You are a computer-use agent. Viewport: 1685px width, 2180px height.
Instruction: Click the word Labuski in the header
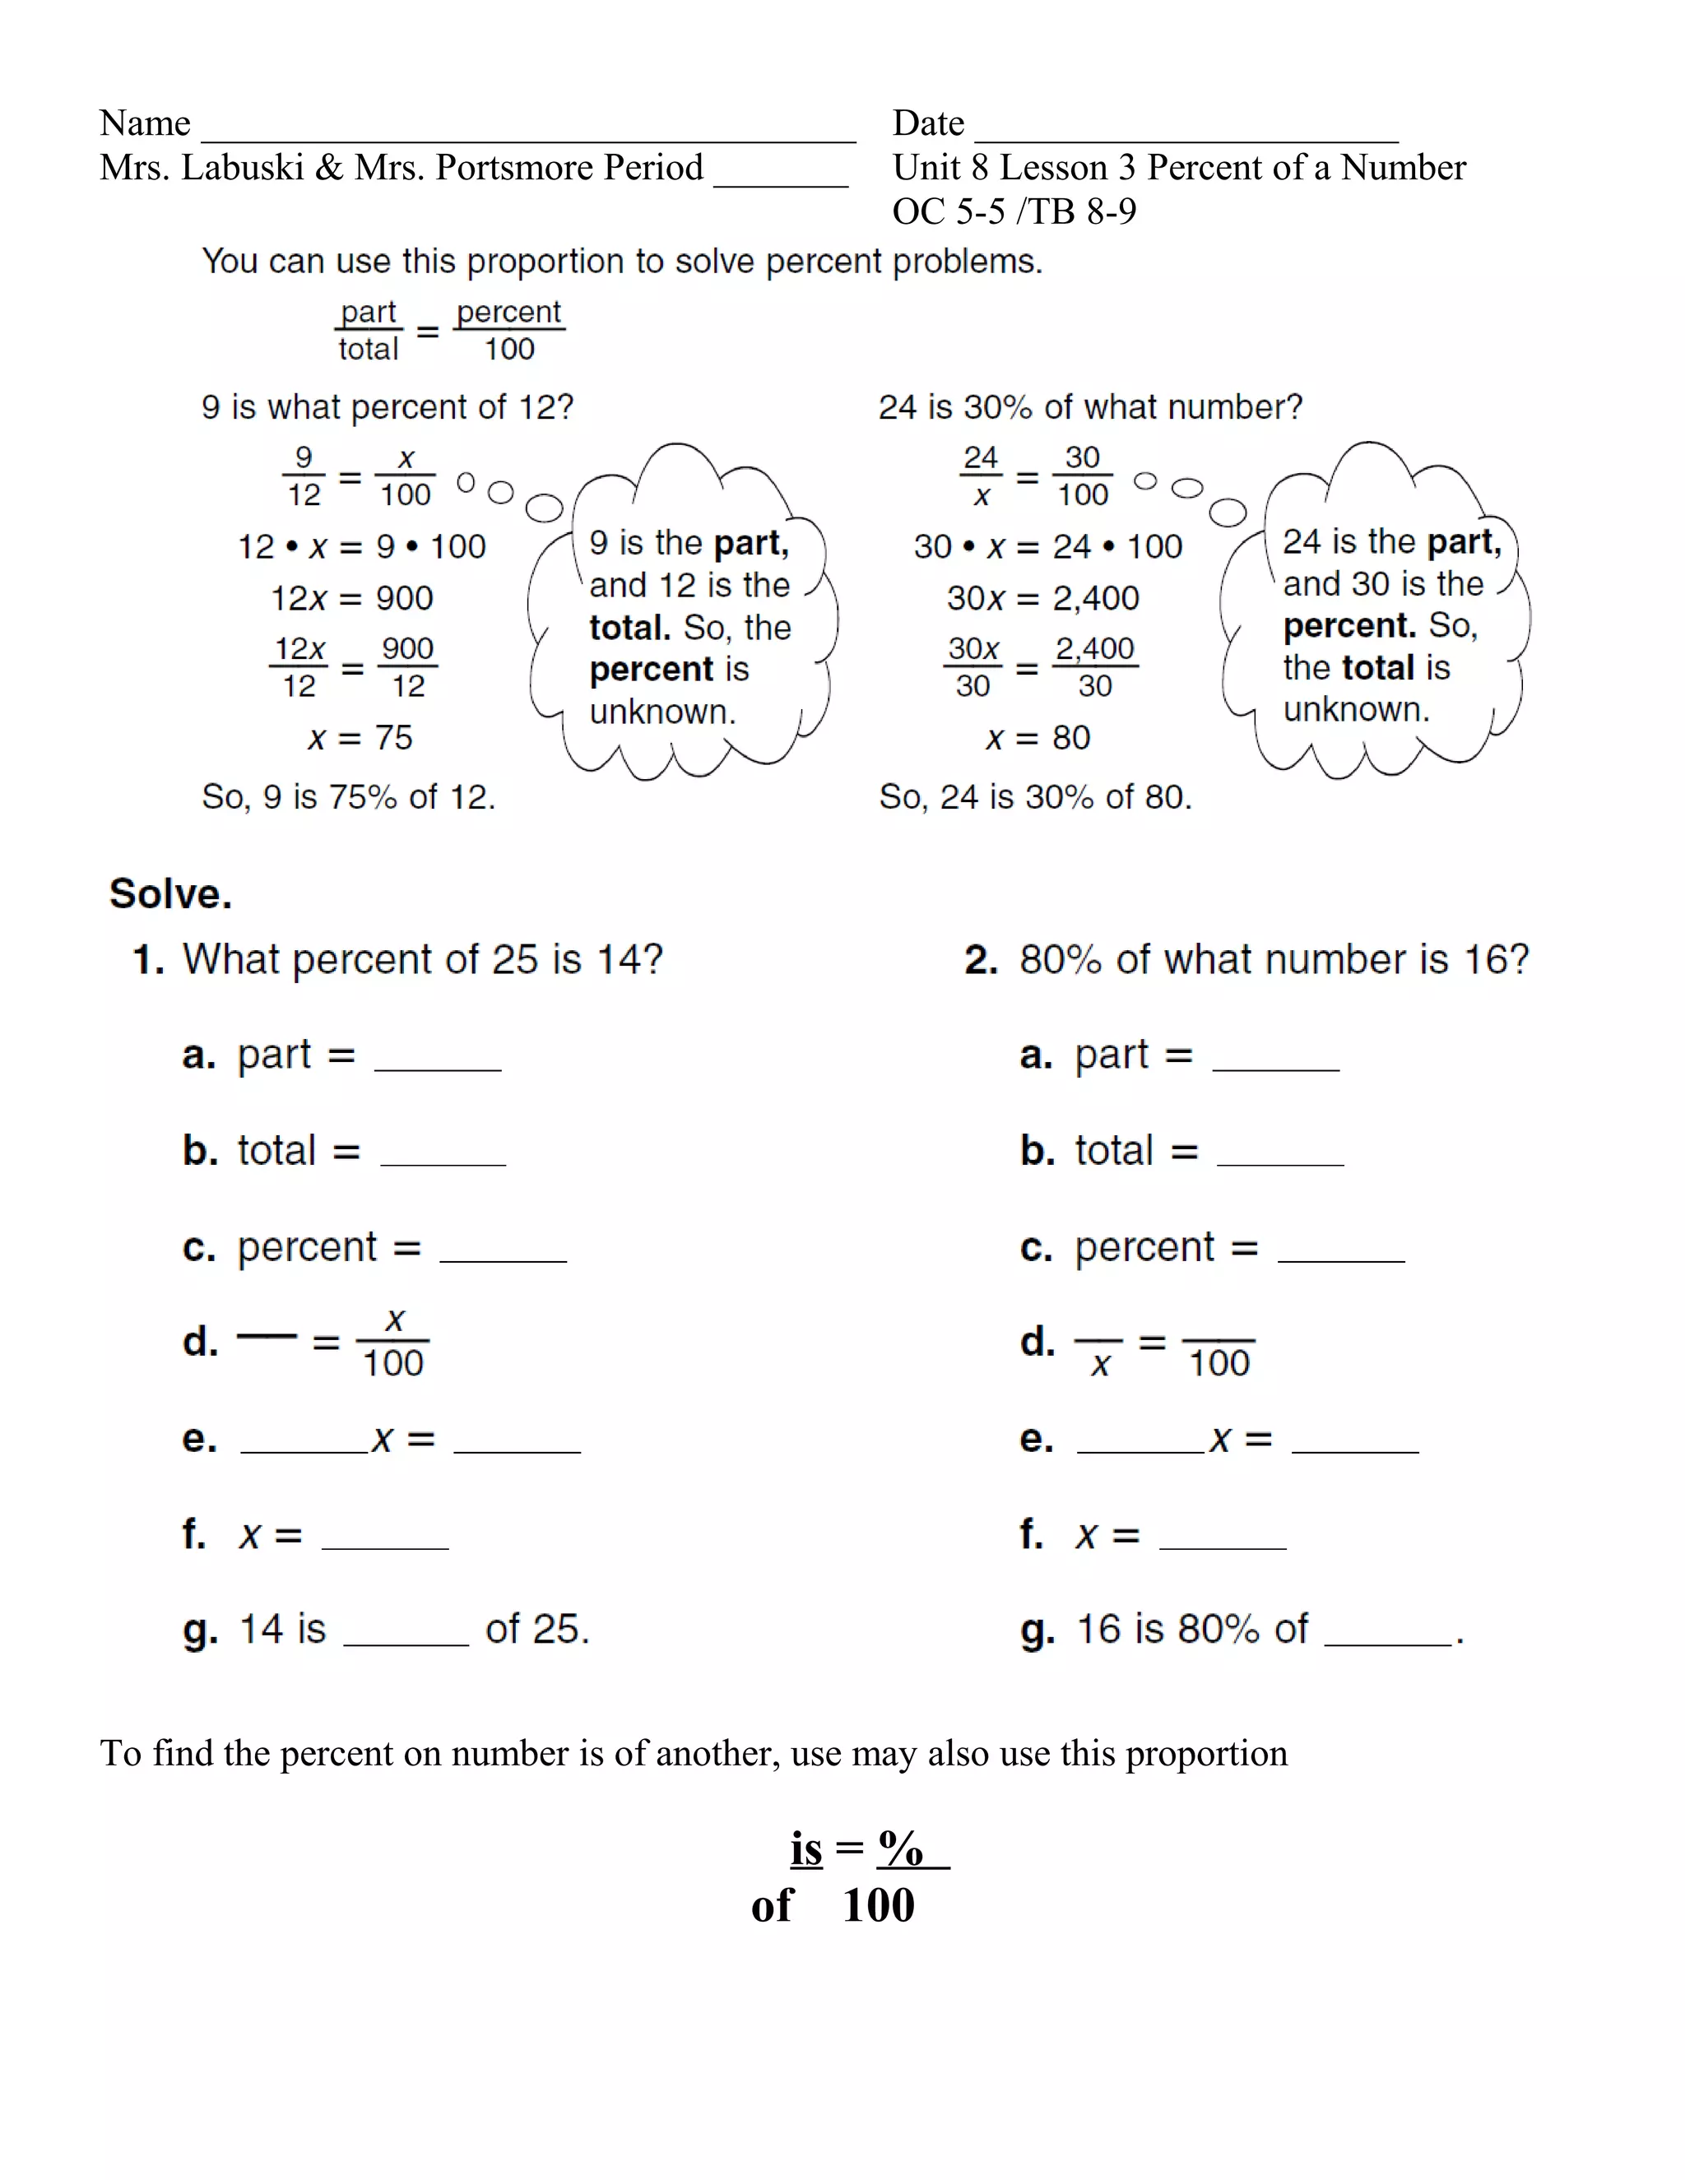pyautogui.click(x=242, y=168)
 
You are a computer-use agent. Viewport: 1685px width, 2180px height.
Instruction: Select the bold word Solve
pyautogui.click(x=170, y=893)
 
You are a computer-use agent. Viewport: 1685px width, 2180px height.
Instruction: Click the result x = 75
pyautogui.click(x=360, y=738)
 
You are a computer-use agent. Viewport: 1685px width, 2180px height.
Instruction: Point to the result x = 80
pyautogui.click(x=1038, y=738)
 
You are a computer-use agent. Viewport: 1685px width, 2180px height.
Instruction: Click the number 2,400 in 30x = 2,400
pyautogui.click(x=1096, y=598)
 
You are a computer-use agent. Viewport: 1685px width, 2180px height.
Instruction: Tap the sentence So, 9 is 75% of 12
pyautogui.click(x=348, y=796)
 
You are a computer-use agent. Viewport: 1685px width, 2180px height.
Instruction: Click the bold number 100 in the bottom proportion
pyautogui.click(x=879, y=1905)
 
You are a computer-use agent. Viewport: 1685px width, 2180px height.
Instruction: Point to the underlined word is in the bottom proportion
pyautogui.click(x=806, y=1848)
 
